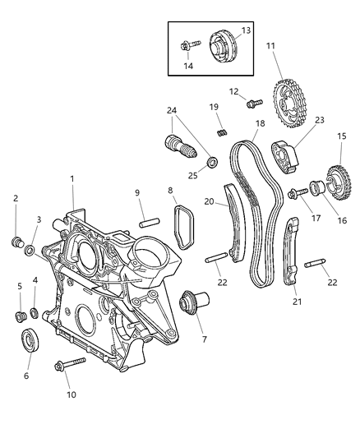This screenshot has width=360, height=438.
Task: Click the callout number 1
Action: click(x=72, y=178)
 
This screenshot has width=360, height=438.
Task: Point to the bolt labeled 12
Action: click(x=252, y=104)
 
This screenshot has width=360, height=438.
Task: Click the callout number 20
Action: click(x=208, y=201)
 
